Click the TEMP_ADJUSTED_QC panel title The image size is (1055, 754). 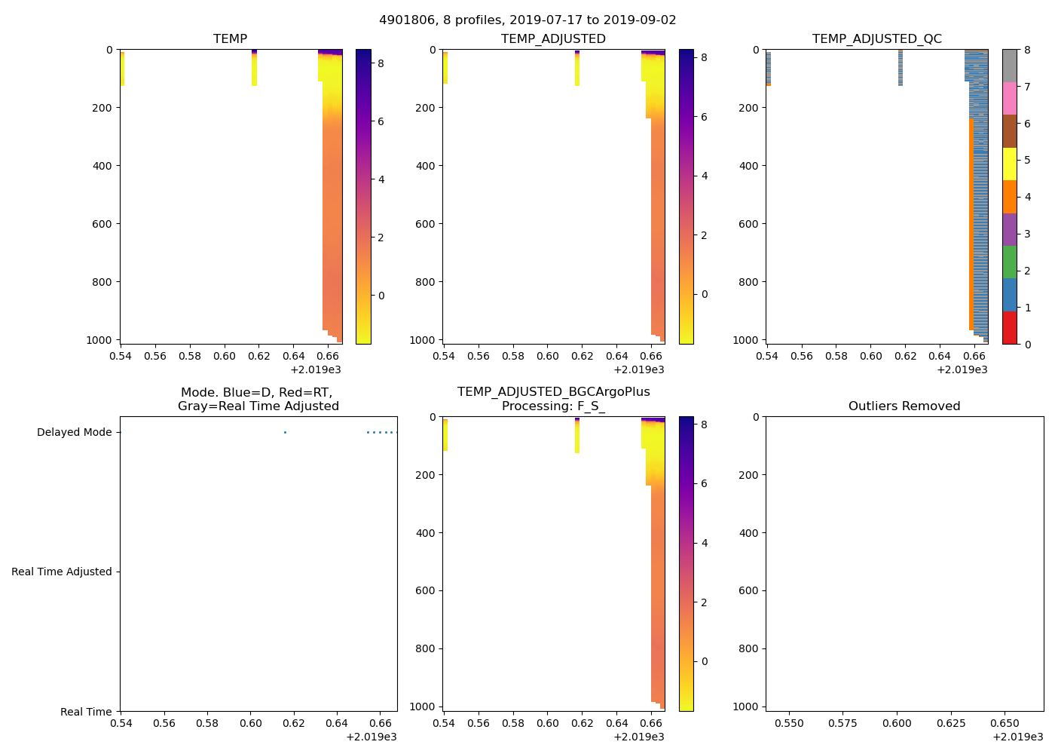876,39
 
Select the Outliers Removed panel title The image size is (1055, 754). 904,406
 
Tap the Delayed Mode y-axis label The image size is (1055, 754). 74,433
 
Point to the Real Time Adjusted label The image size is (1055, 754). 61,572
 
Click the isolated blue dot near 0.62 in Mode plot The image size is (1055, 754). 285,433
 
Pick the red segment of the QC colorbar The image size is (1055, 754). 1010,328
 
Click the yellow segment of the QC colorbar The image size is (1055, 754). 1010,164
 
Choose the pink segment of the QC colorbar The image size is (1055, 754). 1010,98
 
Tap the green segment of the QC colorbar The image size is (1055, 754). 1010,262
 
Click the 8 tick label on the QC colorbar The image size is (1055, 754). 1026,51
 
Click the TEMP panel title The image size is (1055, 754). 230,39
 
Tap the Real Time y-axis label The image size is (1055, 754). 86,713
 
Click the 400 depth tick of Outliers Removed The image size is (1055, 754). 748,533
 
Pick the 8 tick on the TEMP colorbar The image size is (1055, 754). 381,64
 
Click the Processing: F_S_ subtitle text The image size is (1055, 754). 553,406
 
